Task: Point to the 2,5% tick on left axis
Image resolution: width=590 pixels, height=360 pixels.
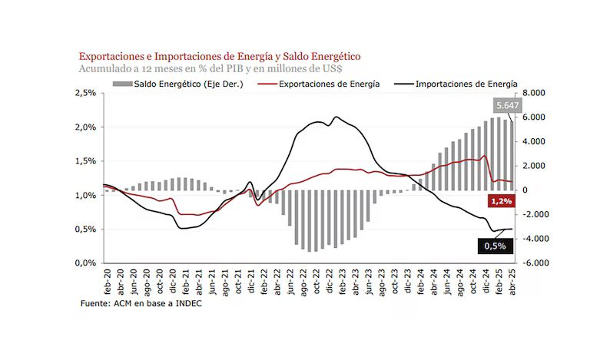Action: pos(85,93)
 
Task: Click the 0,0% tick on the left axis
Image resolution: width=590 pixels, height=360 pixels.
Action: pos(85,263)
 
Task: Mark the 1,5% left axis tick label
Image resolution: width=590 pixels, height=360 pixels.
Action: pos(85,161)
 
